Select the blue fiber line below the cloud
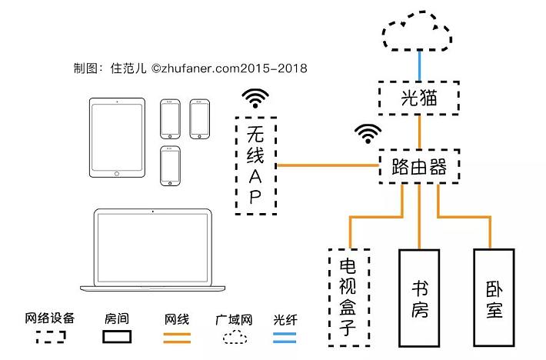pyautogui.click(x=418, y=65)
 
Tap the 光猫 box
pyautogui.click(x=418, y=98)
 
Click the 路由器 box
pyautogui.click(x=418, y=166)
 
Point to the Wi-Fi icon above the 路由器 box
pyautogui.click(x=368, y=134)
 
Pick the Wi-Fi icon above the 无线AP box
pyautogui.click(x=255, y=98)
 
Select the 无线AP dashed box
pyautogui.click(x=255, y=166)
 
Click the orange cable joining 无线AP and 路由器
pyautogui.click(x=328, y=165)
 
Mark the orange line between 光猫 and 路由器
pyautogui.click(x=418, y=132)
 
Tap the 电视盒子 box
pyautogui.click(x=348, y=297)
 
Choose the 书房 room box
pyautogui.click(x=420, y=297)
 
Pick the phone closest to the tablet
pyautogui.click(x=171, y=118)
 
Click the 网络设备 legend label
pyautogui.click(x=50, y=318)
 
